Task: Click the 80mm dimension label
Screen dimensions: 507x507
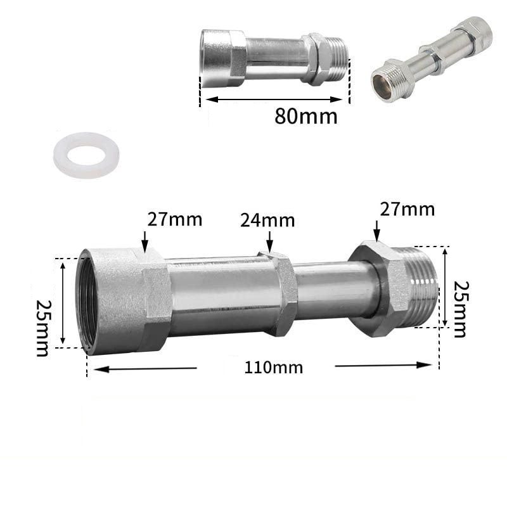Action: click(x=306, y=117)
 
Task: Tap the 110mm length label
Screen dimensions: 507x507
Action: click(x=274, y=367)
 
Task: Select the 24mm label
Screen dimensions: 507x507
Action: click(x=267, y=221)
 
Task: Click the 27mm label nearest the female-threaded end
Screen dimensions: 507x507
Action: click(x=175, y=219)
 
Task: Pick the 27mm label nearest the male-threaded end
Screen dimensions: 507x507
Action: click(x=408, y=209)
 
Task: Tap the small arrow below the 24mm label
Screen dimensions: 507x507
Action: click(x=270, y=241)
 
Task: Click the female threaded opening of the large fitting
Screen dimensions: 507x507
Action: click(x=88, y=303)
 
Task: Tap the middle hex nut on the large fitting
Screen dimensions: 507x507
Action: click(x=279, y=293)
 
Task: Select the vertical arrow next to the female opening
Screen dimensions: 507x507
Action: click(x=63, y=303)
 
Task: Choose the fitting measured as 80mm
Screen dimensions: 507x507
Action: click(x=274, y=57)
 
